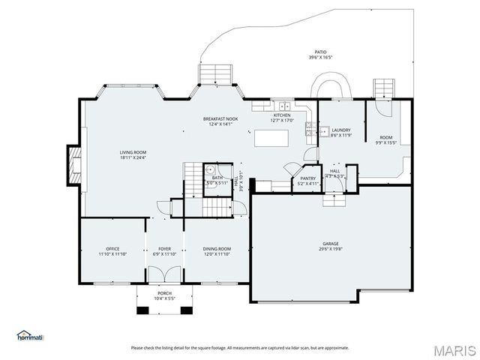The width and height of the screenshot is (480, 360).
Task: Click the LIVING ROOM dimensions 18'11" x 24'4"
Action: pos(133,157)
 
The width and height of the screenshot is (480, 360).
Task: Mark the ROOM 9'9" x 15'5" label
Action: pos(385,140)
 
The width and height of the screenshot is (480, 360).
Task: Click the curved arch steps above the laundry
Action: pos(331,84)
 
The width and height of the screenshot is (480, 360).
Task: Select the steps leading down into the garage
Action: pos(334,199)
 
